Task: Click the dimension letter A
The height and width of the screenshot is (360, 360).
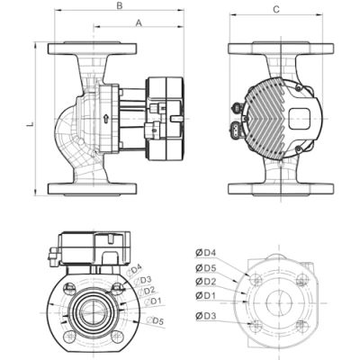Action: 138,23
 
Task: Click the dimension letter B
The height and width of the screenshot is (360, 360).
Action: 120,7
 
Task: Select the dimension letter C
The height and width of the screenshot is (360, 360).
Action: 275,9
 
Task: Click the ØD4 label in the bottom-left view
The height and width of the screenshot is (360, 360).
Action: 135,268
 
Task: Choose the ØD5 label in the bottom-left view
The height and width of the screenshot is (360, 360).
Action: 156,321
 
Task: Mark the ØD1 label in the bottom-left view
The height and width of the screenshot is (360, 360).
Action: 154,301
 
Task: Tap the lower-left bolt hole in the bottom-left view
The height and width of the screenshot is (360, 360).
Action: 70,337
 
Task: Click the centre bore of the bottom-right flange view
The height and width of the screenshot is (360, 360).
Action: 276,302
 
